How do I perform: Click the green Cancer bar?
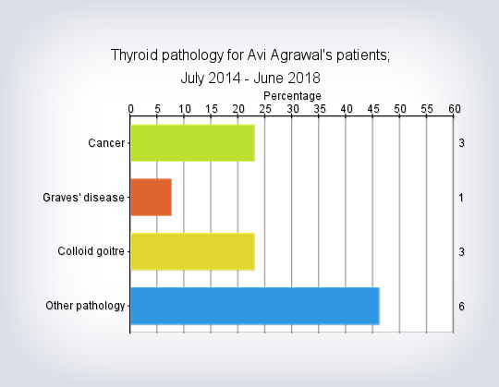coord(192,143)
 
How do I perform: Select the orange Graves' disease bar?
coord(152,197)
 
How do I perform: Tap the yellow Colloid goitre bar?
coord(192,251)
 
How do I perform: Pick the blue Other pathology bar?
coord(255,306)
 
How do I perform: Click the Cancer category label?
coord(106,143)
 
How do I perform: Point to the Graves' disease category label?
coord(83,198)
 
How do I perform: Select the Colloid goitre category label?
coord(91,251)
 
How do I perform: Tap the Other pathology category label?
coord(85,306)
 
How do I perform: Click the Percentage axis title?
coord(292,96)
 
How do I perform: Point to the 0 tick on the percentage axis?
coord(130,109)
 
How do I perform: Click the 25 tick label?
coord(265,109)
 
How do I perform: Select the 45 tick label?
coord(373,109)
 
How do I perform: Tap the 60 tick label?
coord(455,109)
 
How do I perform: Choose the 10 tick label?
coord(185,109)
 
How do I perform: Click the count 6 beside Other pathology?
coord(461,307)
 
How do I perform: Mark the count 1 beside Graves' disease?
coord(461,198)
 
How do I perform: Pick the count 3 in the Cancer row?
coord(461,143)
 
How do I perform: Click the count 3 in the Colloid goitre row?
coord(461,252)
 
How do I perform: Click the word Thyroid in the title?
coord(134,55)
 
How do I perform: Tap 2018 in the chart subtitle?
coord(305,78)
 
